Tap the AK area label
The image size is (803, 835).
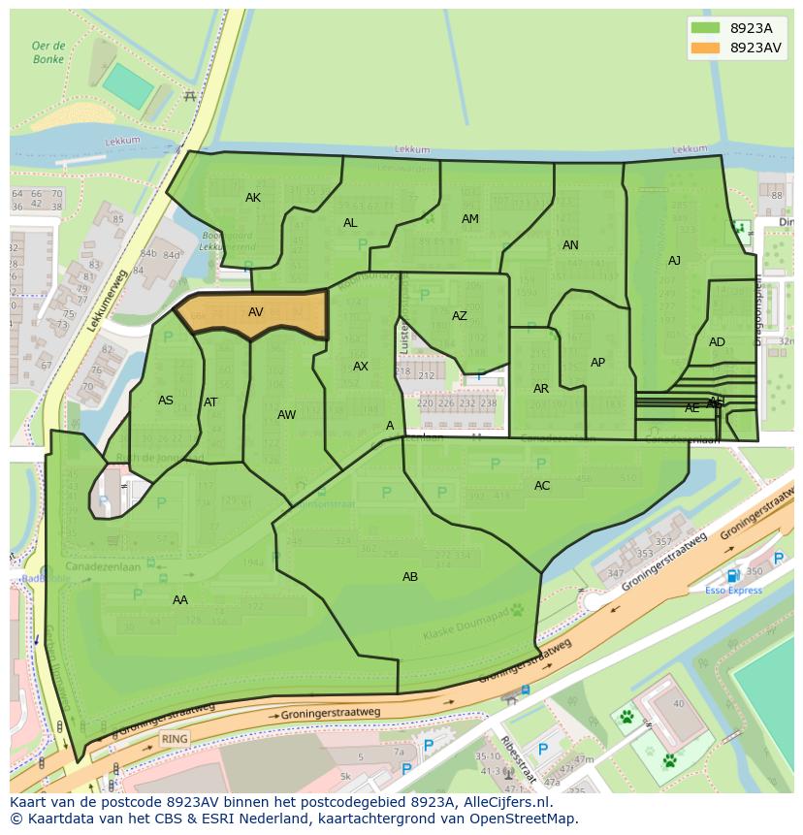tap(253, 198)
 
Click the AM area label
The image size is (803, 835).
tap(470, 219)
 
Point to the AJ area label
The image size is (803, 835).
tap(674, 261)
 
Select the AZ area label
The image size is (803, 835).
tap(460, 316)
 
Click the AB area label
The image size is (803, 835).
tap(410, 577)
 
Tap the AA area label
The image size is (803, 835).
tap(180, 600)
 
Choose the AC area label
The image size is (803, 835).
tap(542, 486)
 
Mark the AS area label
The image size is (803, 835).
tap(166, 401)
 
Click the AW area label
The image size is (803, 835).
tap(286, 415)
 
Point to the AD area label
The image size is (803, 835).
tap(717, 342)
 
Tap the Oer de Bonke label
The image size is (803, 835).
tap(48, 52)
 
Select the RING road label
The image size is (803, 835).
tap(175, 738)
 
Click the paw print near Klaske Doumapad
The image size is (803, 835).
tap(517, 611)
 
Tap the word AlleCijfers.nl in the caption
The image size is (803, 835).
tap(503, 803)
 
